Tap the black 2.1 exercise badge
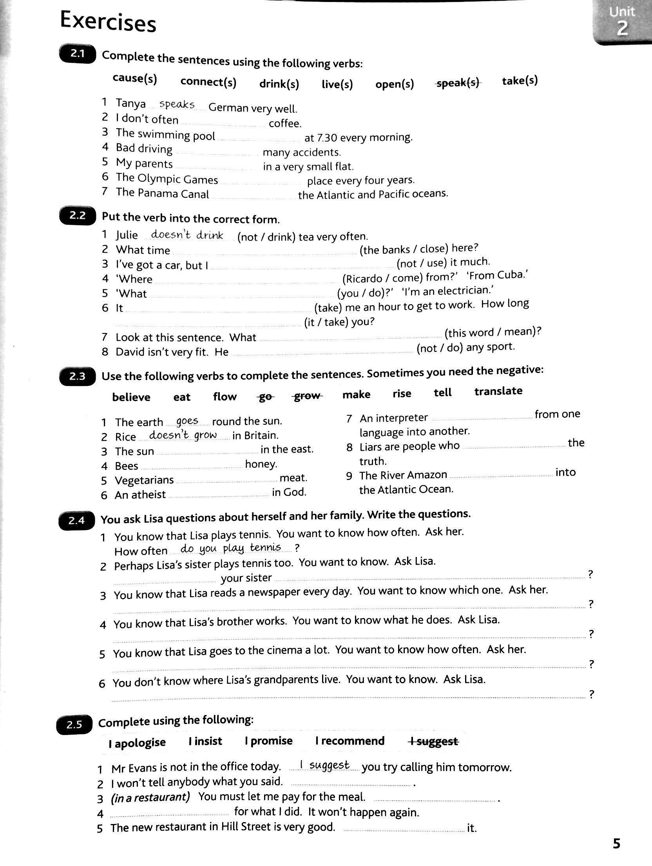coord(77,54)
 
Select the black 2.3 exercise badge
coord(77,377)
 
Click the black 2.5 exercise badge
coord(74,725)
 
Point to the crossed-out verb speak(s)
coord(458,83)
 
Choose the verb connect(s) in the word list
coord(208,82)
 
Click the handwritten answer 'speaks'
coord(177,104)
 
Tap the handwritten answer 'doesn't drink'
coord(187,235)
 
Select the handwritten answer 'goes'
coord(187,421)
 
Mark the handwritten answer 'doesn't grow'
coord(183,435)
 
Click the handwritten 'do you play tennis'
coord(230,548)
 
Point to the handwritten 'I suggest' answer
coord(324,765)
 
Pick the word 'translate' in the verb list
coord(498,391)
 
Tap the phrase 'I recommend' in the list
coord(350,741)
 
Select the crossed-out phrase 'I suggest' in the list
coord(433,741)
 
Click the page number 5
coord(616,844)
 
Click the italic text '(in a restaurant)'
coord(150,797)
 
